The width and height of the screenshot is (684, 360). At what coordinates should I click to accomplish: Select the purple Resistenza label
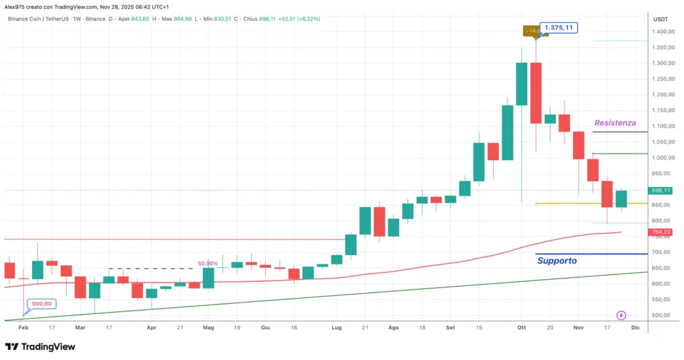[x=615, y=123]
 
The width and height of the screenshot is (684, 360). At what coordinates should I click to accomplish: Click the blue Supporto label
[x=556, y=260]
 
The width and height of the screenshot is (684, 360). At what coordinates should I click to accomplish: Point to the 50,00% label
[x=208, y=263]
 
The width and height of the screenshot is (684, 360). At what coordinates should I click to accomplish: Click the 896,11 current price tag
[x=661, y=190]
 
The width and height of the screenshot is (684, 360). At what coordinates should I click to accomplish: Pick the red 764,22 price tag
[x=661, y=232]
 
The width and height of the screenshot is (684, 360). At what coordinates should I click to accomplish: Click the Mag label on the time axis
[x=208, y=329]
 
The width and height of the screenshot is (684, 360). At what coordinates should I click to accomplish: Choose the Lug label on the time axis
[x=336, y=329]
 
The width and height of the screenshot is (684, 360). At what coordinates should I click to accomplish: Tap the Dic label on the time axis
[x=635, y=329]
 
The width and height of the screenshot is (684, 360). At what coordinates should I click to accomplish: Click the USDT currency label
[x=660, y=19]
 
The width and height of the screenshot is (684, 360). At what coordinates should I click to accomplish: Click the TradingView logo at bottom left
[x=40, y=347]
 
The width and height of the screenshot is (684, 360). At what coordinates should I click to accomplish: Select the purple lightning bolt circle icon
[x=621, y=315]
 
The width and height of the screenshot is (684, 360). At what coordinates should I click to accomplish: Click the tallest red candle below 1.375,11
[x=535, y=93]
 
